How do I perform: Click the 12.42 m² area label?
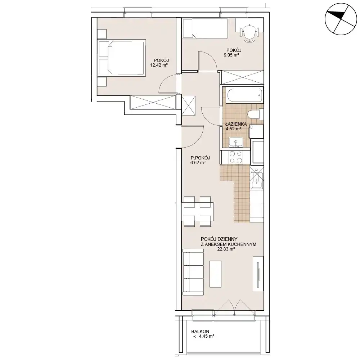(x=159, y=65)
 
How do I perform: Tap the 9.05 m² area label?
(x=231, y=55)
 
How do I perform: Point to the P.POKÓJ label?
(x=201, y=158)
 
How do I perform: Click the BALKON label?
(x=200, y=332)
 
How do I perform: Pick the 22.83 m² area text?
(x=226, y=249)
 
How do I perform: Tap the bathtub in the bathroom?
(x=244, y=95)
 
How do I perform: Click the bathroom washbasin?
(x=236, y=142)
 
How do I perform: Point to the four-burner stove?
(x=236, y=157)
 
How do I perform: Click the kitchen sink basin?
(x=257, y=185)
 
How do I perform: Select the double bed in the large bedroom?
(x=122, y=57)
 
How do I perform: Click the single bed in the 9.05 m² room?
(x=205, y=28)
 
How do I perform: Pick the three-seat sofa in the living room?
(x=193, y=272)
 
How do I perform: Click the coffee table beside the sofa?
(x=216, y=274)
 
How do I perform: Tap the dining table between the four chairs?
(x=197, y=211)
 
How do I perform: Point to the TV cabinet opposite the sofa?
(x=258, y=274)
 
